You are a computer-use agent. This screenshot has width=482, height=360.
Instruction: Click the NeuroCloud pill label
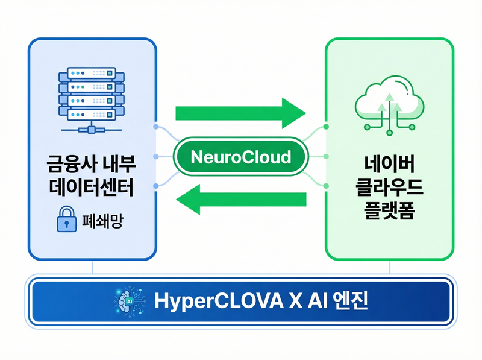point(240,158)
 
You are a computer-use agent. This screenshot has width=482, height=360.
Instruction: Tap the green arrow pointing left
point(243,200)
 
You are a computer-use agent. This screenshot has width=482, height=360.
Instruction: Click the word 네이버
point(389,163)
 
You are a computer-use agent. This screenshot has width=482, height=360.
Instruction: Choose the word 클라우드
point(389,187)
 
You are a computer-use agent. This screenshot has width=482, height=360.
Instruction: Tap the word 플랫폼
point(389,210)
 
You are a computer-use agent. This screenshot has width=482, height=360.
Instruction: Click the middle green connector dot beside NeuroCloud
point(326,157)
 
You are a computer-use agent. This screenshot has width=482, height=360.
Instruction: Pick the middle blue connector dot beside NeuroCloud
point(156,157)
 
